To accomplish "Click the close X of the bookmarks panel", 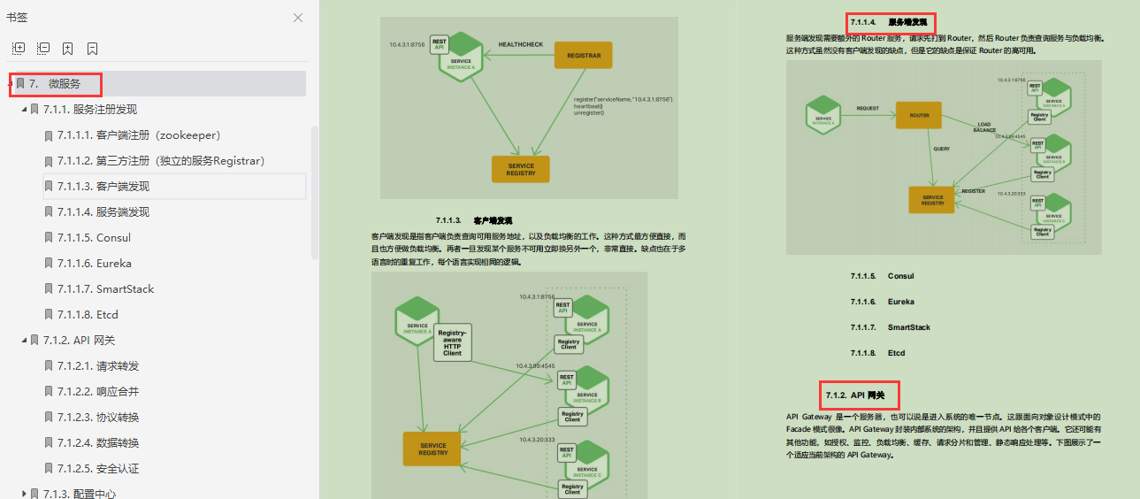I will (x=298, y=18).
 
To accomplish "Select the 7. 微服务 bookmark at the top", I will (x=64, y=83).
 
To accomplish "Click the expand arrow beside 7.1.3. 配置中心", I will (x=24, y=494).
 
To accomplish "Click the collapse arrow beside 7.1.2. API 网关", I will (x=24, y=340).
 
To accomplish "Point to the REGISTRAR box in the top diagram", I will (x=583, y=56).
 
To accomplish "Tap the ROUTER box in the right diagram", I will (x=919, y=115).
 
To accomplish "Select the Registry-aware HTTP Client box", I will (x=452, y=342).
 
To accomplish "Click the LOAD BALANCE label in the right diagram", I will (x=984, y=127).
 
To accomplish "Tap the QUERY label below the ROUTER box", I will (x=941, y=149).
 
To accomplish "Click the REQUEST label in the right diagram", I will (x=868, y=108).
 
